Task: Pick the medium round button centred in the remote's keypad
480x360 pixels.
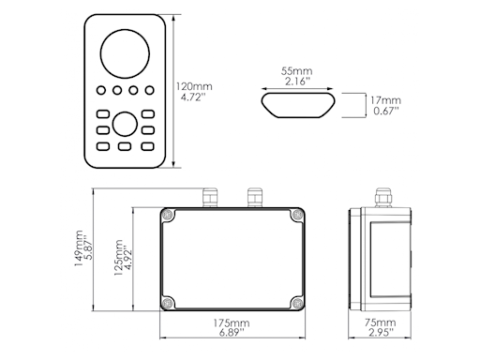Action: (x=124, y=124)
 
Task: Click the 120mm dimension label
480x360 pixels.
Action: (x=193, y=87)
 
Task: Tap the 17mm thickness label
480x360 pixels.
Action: (x=385, y=99)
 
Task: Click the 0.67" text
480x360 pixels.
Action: (x=385, y=112)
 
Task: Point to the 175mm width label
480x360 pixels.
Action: (x=231, y=323)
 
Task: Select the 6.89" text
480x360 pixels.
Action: (x=231, y=335)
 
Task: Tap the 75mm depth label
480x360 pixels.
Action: (x=381, y=323)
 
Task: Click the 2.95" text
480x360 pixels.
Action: (x=381, y=335)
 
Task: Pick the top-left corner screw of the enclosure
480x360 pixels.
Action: (x=168, y=217)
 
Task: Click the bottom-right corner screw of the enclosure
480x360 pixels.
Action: (x=295, y=303)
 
